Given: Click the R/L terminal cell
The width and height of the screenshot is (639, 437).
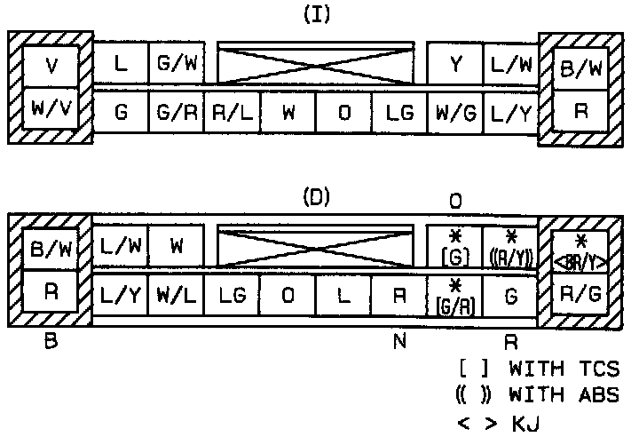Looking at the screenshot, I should (232, 114).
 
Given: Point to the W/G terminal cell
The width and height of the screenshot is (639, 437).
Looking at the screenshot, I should (454, 114).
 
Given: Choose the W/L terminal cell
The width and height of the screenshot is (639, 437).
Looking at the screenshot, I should (177, 294).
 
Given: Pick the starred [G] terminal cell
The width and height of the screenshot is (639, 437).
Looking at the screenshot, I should (454, 247).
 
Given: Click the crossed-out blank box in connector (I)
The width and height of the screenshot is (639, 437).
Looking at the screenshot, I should (315, 64).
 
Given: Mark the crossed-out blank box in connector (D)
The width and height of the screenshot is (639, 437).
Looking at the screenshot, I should (315, 245).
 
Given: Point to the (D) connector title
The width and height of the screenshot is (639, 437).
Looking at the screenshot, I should (316, 197).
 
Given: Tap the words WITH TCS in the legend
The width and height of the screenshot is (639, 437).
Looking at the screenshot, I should (564, 369).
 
